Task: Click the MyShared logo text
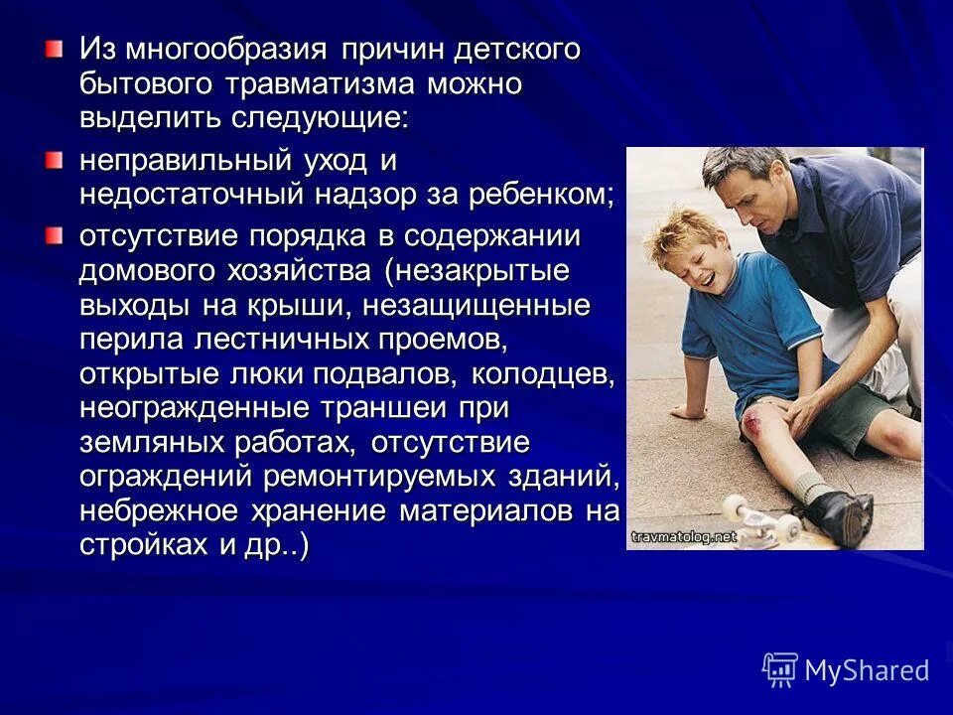[x=867, y=670]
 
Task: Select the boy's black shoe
[x=839, y=513]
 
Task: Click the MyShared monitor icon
[x=780, y=669]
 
